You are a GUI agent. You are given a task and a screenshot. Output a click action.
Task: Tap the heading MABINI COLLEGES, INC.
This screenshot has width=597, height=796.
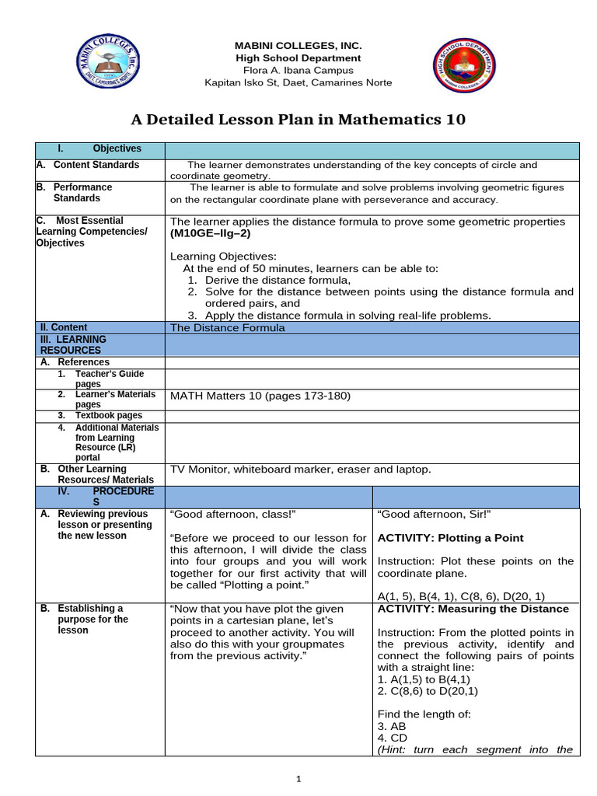(x=298, y=46)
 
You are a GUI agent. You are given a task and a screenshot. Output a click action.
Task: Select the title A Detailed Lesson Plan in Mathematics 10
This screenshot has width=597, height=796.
(x=298, y=119)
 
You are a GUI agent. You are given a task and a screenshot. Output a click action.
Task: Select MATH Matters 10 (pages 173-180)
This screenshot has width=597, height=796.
(x=260, y=396)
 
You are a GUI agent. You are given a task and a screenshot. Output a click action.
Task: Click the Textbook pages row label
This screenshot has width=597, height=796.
(x=109, y=416)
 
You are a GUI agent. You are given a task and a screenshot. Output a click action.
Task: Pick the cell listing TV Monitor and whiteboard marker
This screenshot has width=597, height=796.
(x=300, y=470)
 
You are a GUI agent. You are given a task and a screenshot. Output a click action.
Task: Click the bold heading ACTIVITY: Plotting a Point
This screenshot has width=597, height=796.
(x=450, y=538)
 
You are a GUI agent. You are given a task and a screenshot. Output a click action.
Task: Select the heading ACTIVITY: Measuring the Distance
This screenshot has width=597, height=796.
(x=473, y=609)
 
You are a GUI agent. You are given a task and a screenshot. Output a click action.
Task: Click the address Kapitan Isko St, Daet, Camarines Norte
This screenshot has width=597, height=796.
(x=298, y=82)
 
